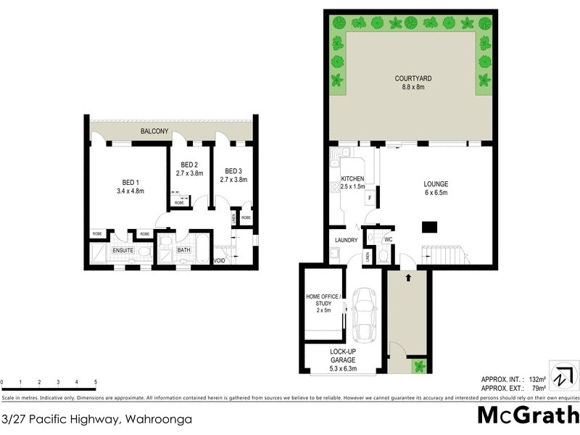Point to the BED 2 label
(189, 165)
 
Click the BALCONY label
(155, 131)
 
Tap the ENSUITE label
(122, 251)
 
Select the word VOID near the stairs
(220, 261)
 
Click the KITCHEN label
(352, 178)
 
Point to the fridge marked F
(370, 198)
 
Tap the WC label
(389, 239)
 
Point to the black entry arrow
(408, 276)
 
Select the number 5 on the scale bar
(96, 382)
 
